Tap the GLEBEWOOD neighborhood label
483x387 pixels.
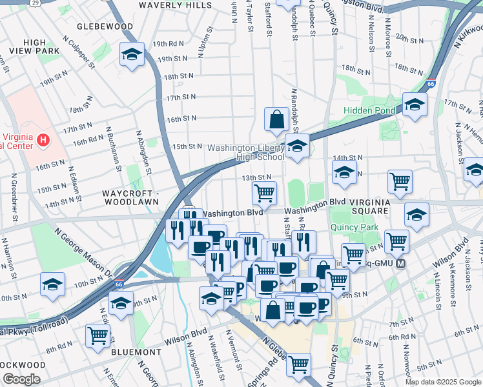click(105, 27)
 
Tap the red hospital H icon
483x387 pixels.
click(43, 139)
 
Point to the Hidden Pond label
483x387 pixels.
click(369, 111)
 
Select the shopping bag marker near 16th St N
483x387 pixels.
click(276, 119)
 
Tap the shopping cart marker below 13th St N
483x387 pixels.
click(264, 192)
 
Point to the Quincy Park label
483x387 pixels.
click(354, 228)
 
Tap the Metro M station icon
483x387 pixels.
click(401, 264)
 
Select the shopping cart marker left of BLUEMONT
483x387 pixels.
click(98, 335)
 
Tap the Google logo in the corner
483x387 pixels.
click(21, 380)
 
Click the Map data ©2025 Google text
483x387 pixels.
click(443, 382)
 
